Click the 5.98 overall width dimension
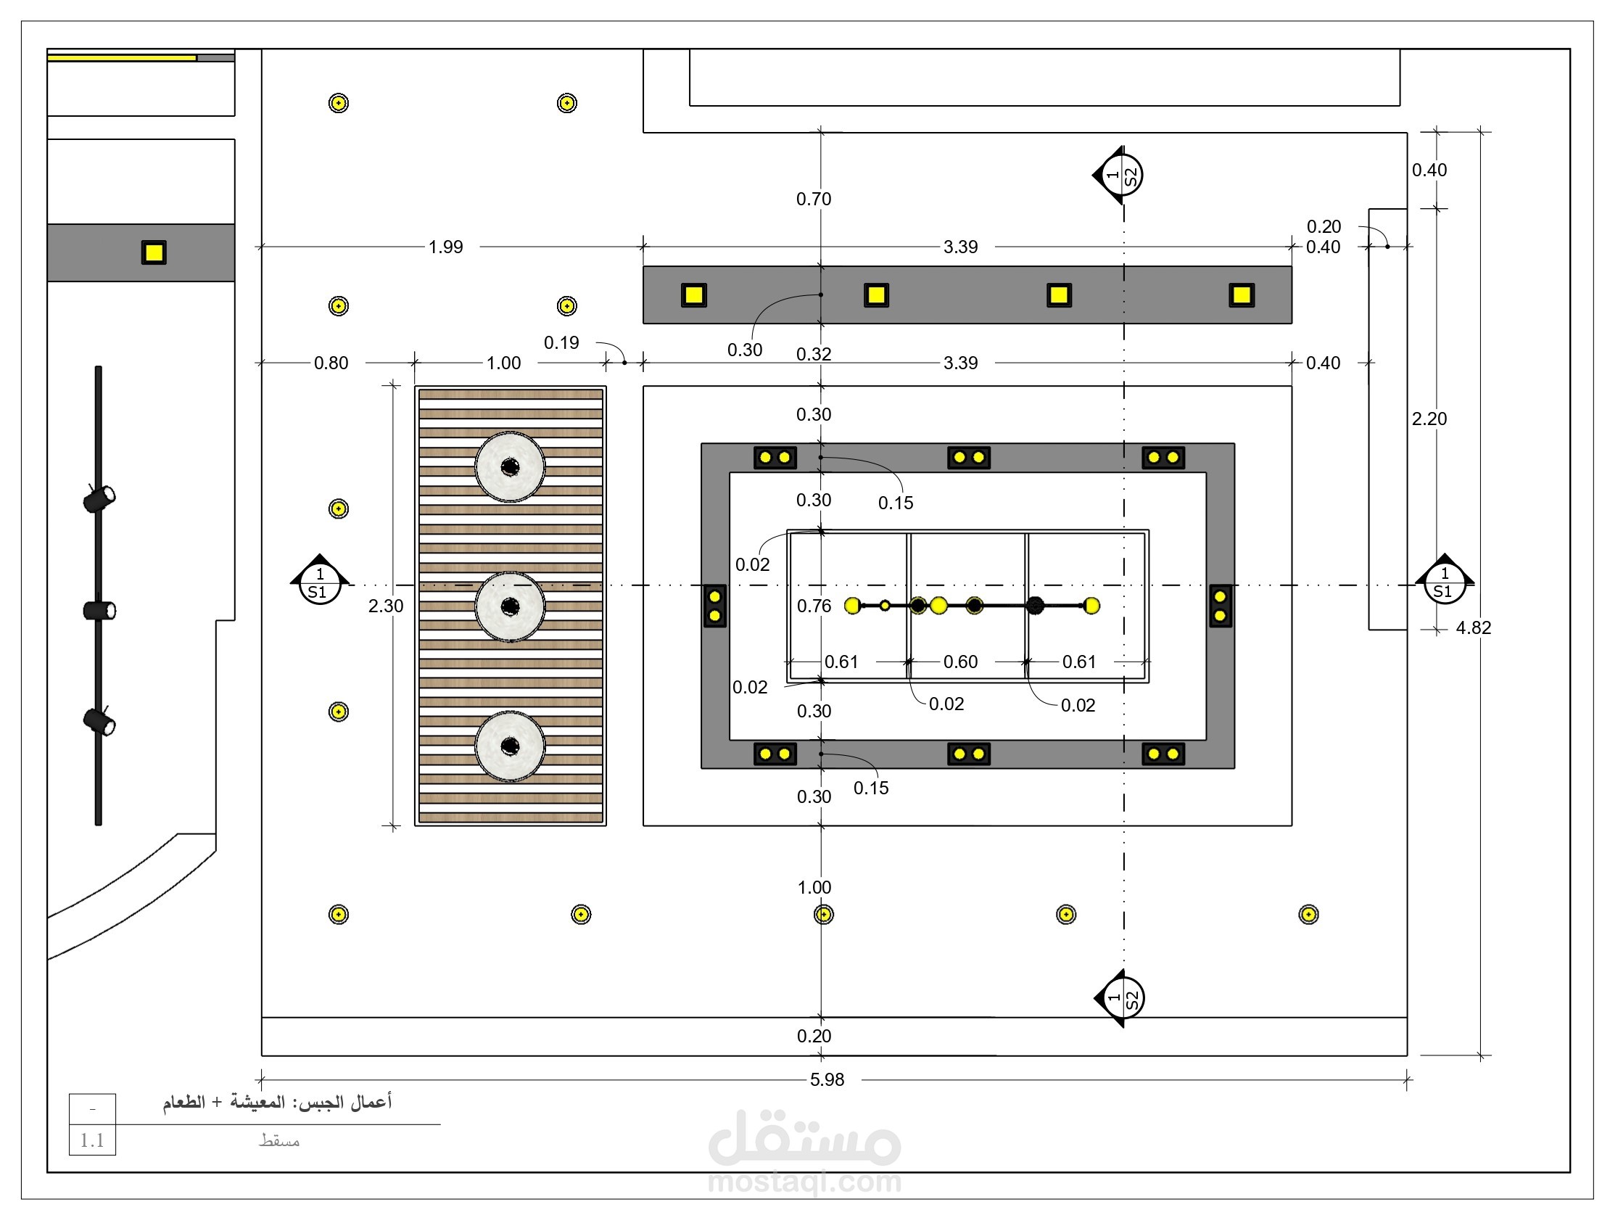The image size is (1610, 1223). click(x=827, y=1079)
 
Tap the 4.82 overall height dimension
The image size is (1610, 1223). click(x=1473, y=627)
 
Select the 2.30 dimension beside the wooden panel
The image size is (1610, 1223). click(x=386, y=606)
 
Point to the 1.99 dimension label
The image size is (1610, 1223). click(x=445, y=247)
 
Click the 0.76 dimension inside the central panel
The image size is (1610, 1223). click(x=814, y=606)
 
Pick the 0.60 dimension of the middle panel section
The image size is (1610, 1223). click(x=960, y=662)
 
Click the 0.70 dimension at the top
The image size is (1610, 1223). click(x=814, y=199)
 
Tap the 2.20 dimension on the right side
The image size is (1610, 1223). click(x=1429, y=419)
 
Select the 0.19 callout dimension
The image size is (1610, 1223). click(x=561, y=342)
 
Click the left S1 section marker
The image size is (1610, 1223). click(x=320, y=582)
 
